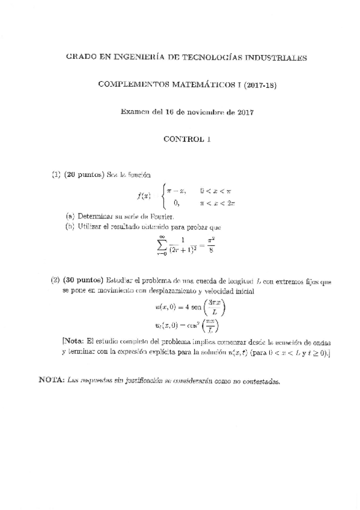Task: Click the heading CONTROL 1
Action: coord(187,138)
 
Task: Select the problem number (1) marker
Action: coord(56,175)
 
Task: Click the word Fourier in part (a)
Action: coord(160,216)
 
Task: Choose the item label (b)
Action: coord(70,227)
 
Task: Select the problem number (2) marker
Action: coord(55,280)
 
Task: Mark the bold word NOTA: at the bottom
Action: coord(51,381)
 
